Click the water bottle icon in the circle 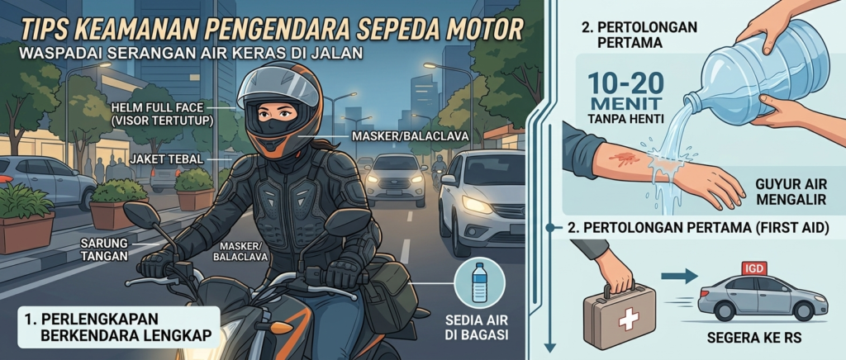[x=479, y=282]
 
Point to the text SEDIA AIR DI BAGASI [x=478, y=327]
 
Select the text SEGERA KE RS [x=755, y=339]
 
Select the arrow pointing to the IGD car [x=677, y=276]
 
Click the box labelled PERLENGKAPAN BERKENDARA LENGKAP [x=119, y=327]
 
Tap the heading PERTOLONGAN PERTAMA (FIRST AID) [x=697, y=228]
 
